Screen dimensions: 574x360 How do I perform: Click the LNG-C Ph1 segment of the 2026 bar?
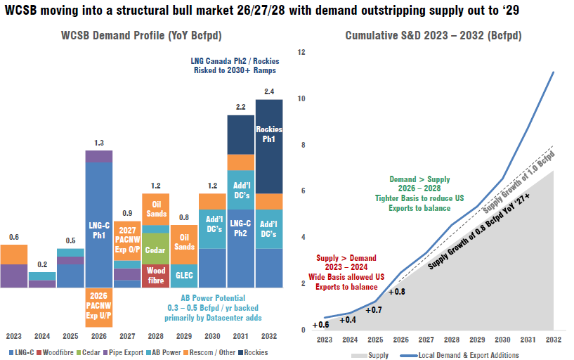(99, 224)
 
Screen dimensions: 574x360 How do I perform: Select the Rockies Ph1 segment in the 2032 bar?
(269, 146)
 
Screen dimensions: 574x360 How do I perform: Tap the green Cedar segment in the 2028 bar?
(155, 249)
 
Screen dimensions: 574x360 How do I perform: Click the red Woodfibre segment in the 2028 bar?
(155, 276)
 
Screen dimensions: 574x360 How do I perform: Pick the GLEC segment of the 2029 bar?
(184, 276)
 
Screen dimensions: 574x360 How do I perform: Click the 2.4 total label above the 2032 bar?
(269, 91)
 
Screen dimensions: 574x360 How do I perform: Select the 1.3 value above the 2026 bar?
(99, 143)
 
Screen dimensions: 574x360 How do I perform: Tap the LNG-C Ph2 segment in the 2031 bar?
(240, 248)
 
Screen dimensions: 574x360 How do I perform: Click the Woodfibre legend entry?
(55, 352)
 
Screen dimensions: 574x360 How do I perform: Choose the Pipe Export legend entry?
(123, 352)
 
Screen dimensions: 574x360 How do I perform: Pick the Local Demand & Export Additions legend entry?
(459, 355)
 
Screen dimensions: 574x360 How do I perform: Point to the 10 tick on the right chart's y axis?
(301, 98)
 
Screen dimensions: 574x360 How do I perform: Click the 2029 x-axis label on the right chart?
(477, 340)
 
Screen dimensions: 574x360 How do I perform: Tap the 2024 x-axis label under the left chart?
(42, 336)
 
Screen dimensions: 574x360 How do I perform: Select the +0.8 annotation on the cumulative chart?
(397, 292)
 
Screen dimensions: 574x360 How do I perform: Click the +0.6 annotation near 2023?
(320, 325)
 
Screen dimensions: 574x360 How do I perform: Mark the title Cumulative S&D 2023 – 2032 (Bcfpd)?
(433, 36)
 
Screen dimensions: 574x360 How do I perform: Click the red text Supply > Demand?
(346, 258)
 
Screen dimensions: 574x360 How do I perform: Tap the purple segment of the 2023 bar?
(14, 276)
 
